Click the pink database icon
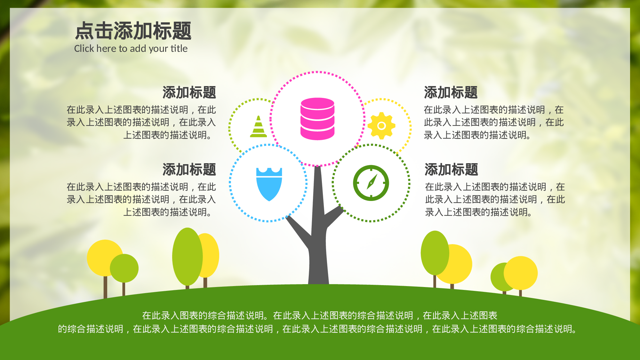tap(317, 119)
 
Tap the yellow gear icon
tap(381, 126)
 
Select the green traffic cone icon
tap(258, 127)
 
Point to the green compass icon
tap(371, 183)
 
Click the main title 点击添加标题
tap(133, 31)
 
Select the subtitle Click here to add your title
tap(131, 49)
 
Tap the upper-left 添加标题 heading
tap(189, 92)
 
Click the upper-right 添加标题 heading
tap(451, 92)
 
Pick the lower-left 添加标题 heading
tap(189, 170)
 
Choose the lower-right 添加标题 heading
tap(451, 170)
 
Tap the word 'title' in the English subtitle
tap(179, 49)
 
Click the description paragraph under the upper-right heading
tap(493, 123)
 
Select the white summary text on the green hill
tap(319, 322)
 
